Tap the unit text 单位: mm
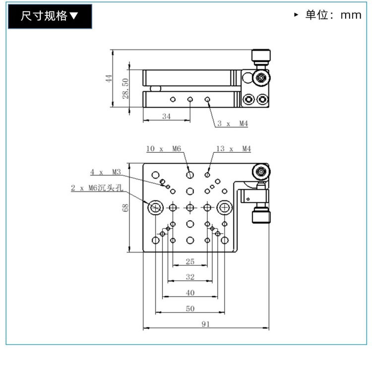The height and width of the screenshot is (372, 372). pyautogui.click(x=333, y=15)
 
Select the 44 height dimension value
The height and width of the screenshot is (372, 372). pyautogui.click(x=109, y=78)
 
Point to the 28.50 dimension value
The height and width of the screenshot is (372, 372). pyautogui.click(x=125, y=88)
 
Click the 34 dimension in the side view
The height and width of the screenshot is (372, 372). pyautogui.click(x=166, y=116)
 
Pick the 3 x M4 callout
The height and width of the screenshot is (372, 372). pyautogui.click(x=233, y=124)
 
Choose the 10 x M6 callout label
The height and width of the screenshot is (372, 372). pyautogui.click(x=164, y=149)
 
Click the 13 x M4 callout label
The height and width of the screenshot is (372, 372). pyautogui.click(x=234, y=149)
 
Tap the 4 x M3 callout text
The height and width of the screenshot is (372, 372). pyautogui.click(x=106, y=172)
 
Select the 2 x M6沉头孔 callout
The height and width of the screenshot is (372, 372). pyautogui.click(x=97, y=188)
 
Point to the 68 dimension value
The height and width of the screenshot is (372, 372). pyautogui.click(x=125, y=208)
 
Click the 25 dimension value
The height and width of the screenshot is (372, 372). pyautogui.click(x=190, y=261)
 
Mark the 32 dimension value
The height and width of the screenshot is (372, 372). pyautogui.click(x=190, y=277)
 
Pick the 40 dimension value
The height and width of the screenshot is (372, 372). pyautogui.click(x=190, y=293)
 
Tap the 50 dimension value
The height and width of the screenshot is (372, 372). pyautogui.click(x=190, y=309)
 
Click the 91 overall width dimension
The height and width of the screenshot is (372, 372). pyautogui.click(x=206, y=324)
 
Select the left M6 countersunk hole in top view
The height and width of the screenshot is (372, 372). pyautogui.click(x=156, y=208)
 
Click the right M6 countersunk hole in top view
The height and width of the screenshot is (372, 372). pyautogui.click(x=224, y=208)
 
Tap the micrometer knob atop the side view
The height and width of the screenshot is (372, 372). pyautogui.click(x=261, y=57)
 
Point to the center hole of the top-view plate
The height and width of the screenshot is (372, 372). pyautogui.click(x=190, y=208)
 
